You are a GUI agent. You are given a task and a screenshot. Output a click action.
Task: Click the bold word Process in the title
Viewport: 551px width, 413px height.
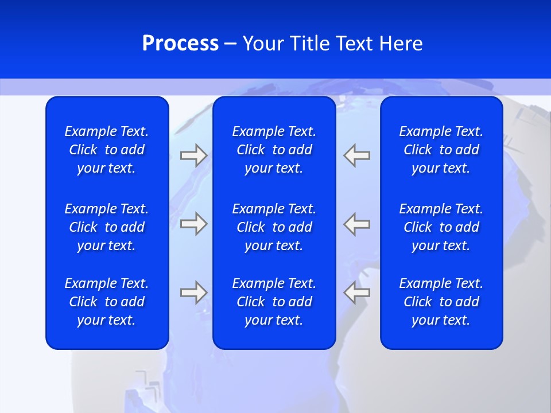click(180, 44)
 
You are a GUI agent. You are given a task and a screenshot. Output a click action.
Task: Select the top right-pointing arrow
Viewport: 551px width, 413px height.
click(193, 155)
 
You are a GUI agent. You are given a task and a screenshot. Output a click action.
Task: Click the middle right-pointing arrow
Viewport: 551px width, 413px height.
click(193, 224)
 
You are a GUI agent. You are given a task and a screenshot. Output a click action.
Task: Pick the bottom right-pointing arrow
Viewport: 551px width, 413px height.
click(193, 292)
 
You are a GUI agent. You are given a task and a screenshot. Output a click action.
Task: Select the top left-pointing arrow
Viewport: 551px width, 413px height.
click(357, 155)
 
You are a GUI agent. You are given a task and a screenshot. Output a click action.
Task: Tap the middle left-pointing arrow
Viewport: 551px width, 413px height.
click(357, 224)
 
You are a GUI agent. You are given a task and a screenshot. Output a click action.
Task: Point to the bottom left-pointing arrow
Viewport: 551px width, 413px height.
click(357, 292)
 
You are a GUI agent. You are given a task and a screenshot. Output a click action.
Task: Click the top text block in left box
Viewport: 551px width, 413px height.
click(107, 150)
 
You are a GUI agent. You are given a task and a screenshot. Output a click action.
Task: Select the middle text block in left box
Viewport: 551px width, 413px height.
click(107, 227)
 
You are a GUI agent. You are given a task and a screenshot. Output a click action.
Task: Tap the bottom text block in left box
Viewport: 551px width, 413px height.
click(107, 302)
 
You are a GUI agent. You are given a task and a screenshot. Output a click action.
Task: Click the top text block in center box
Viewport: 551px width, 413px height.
click(274, 150)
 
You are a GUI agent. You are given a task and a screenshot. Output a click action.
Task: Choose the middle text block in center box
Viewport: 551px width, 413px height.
click(274, 227)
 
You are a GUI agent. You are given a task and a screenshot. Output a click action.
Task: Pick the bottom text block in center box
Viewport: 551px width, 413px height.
click(274, 302)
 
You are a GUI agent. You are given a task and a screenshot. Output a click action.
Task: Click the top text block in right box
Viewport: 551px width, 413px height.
click(441, 150)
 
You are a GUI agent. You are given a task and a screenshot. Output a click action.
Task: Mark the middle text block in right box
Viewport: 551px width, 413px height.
click(441, 227)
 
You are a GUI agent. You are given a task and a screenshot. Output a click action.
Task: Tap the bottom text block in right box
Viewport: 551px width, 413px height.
click(441, 302)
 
